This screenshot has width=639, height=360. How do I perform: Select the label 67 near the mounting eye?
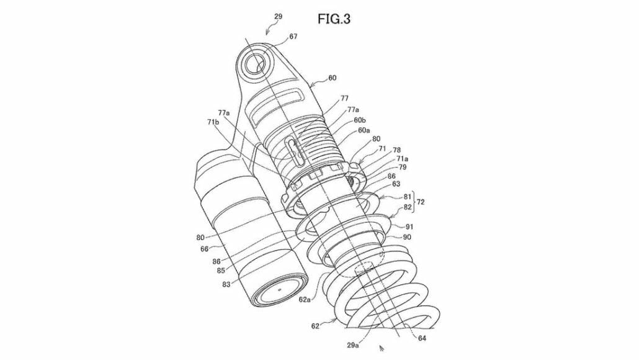(x=293, y=37)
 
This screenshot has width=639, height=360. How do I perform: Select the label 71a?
(x=385, y=159)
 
